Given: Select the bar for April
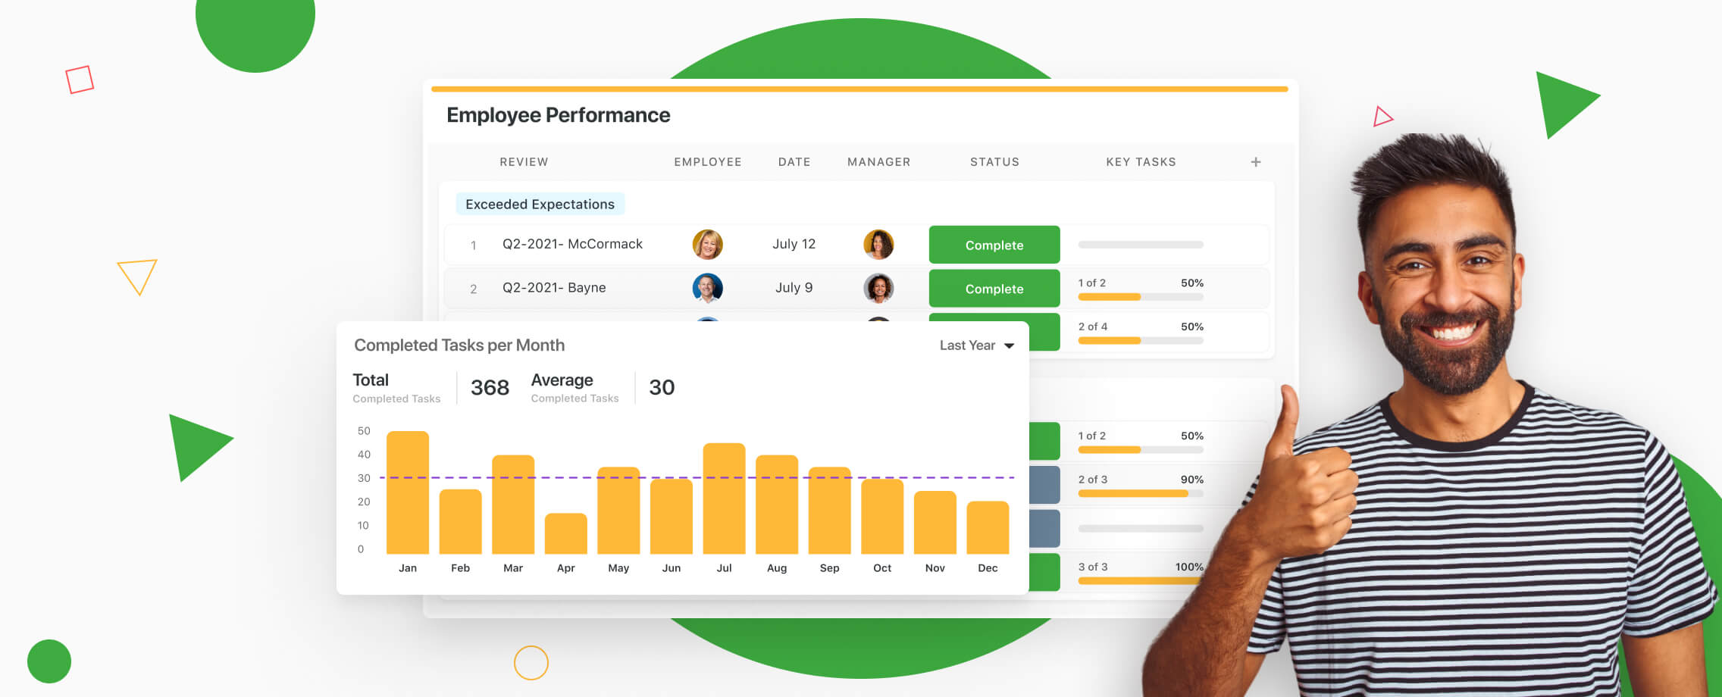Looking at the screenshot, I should coord(565,533).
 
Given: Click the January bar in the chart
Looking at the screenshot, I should coord(408,492).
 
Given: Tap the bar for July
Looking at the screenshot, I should coord(724,499).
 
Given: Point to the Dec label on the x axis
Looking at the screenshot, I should coord(988,568).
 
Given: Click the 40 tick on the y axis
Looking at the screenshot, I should coord(364,455).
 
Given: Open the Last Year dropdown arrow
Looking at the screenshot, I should coord(1009,345).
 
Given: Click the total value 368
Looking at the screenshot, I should coord(490,388).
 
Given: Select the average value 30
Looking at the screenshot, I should coord(662,388).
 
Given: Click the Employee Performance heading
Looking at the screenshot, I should coord(558,115).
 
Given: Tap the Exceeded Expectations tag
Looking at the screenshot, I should coord(540,205).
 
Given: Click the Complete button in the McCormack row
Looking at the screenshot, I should coord(994,245).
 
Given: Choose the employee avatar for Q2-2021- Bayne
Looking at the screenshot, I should coord(707,288).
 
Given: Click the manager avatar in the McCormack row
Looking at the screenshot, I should coord(878,244).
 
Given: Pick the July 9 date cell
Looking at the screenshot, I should coord(794,288).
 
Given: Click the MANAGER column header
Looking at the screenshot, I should coord(878,162).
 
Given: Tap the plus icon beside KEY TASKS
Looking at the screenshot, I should coord(1256,162).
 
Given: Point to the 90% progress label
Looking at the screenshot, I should coord(1191,480).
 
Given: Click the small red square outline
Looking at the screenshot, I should coord(80,80).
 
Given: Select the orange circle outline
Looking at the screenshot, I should coord(531,663).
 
